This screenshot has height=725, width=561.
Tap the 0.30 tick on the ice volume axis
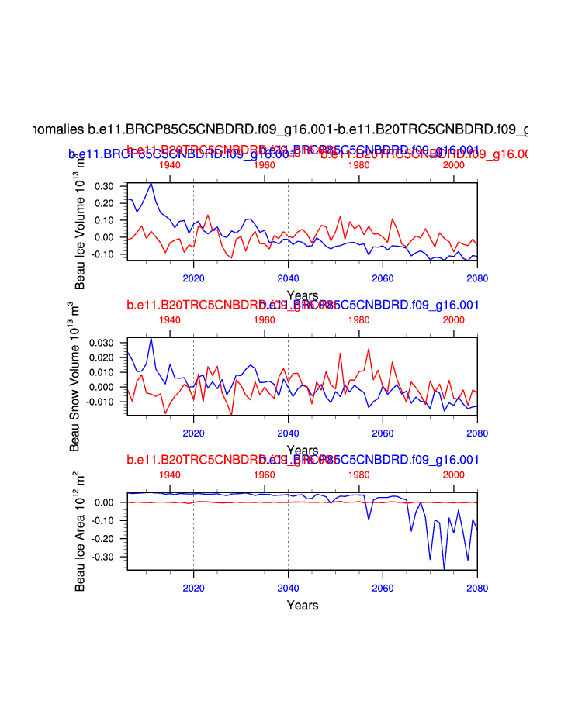[103, 187]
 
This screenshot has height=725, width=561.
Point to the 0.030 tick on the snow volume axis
[101, 343]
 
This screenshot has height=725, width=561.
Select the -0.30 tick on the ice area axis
[103, 557]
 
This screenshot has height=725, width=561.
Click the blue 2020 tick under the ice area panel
[193, 587]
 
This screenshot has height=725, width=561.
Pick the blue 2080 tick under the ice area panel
[477, 587]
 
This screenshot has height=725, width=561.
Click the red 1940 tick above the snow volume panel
[170, 319]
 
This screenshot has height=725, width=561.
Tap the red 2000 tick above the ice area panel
[453, 475]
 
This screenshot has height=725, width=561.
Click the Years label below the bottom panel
[302, 605]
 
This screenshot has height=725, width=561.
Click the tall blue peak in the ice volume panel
[151, 184]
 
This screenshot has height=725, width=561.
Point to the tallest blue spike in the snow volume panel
[151, 338]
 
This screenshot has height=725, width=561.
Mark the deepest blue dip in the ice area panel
[445, 568]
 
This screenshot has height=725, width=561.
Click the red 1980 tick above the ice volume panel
[358, 165]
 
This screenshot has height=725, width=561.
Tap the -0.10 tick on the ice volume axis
[103, 254]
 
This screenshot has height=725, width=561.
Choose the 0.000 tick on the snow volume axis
[101, 387]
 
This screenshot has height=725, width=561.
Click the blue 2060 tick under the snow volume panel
[383, 433]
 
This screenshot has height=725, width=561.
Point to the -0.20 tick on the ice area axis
[103, 539]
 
